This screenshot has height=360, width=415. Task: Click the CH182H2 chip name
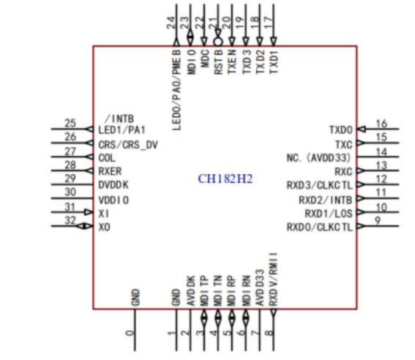[225, 179]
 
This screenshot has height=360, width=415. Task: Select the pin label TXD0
[341, 130]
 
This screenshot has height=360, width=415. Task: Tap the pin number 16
[381, 124]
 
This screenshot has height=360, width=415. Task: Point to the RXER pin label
[110, 171]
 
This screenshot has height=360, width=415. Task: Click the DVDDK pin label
[113, 185]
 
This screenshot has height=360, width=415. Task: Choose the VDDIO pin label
[113, 200]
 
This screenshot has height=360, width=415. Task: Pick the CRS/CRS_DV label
[128, 145]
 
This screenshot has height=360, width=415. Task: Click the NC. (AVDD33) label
[319, 158]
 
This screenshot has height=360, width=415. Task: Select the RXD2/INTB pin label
[326, 200]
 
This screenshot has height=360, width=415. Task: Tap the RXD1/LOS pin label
[329, 214]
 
